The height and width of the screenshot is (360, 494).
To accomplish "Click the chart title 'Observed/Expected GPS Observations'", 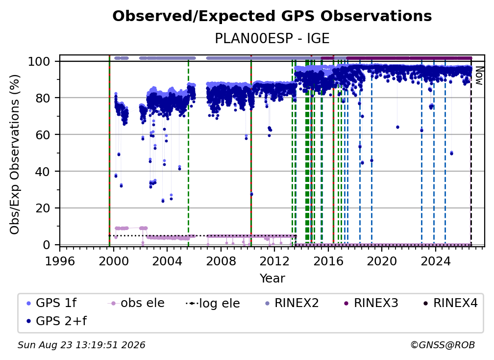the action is (272, 16).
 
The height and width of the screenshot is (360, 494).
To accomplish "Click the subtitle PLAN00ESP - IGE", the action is (272, 38).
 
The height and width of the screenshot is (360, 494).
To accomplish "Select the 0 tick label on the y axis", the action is (46, 245).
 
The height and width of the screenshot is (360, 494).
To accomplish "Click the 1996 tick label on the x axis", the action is (60, 261).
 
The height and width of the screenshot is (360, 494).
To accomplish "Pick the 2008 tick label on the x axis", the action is (221, 261).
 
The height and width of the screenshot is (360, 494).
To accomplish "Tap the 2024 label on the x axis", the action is (435, 261).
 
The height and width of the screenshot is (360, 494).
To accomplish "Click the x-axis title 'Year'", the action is (272, 279).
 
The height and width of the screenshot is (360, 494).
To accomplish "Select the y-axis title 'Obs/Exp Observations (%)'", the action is (15, 154).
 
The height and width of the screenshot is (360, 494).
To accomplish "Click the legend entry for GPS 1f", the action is (51, 303).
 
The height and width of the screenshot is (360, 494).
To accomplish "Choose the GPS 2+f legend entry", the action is (57, 321).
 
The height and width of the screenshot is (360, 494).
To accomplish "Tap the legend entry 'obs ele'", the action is (136, 303).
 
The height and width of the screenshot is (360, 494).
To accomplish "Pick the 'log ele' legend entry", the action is (213, 304).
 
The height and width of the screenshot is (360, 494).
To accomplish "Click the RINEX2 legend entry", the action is (292, 303).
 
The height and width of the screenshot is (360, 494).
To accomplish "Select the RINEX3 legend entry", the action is (371, 303).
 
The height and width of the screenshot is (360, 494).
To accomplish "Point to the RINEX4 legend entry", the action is (450, 303).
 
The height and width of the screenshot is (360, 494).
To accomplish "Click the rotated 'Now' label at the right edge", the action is (478, 76).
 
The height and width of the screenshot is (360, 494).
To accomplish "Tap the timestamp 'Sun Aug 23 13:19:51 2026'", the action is (81, 345).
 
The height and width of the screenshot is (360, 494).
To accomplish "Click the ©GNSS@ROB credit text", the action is (443, 345).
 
